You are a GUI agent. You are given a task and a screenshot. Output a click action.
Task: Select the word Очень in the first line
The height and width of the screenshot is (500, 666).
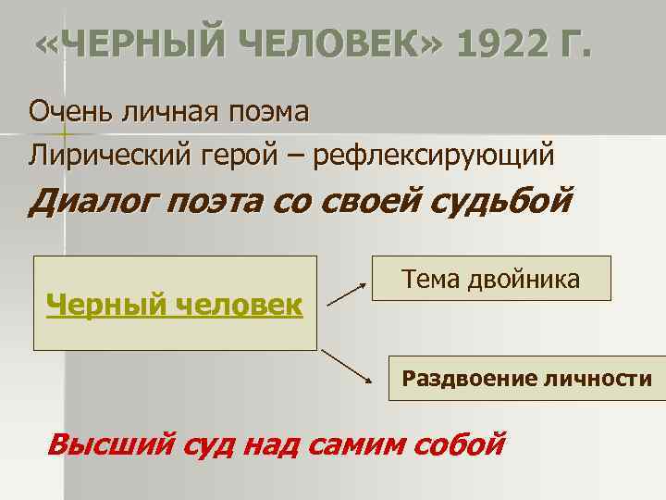click(67, 112)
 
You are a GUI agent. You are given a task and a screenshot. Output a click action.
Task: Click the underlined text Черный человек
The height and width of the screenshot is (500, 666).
click(175, 303)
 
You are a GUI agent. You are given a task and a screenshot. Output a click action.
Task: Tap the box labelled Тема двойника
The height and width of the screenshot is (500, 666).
click(491, 278)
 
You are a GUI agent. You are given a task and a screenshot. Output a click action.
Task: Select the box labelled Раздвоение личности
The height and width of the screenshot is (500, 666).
click(526, 378)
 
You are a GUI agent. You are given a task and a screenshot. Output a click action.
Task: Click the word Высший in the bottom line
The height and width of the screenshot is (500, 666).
click(109, 444)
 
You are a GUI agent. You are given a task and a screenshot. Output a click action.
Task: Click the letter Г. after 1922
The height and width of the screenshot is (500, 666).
click(572, 44)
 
